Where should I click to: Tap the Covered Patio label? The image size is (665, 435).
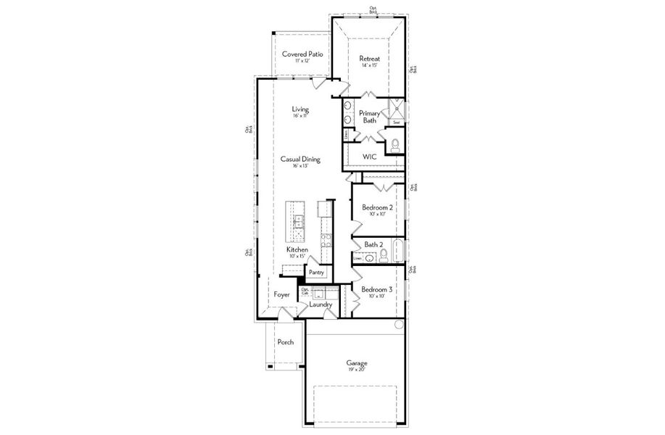(302, 54)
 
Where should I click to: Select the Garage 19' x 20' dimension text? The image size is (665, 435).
(355, 370)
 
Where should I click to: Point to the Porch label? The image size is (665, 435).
(285, 342)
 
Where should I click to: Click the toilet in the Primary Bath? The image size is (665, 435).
(395, 146)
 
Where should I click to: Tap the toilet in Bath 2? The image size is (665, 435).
(384, 254)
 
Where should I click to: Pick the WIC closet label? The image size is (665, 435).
(370, 157)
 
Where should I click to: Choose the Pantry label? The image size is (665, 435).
(316, 273)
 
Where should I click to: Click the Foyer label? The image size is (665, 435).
(281, 295)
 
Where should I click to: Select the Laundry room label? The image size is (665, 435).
(321, 304)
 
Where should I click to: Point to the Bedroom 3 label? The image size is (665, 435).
(377, 289)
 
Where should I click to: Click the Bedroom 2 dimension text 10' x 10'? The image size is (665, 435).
(376, 214)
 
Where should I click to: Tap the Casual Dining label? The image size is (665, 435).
(300, 159)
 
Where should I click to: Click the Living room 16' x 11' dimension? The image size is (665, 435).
(300, 116)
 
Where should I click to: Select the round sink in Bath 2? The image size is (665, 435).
(370, 257)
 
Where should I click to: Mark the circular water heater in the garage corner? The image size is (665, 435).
(398, 326)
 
